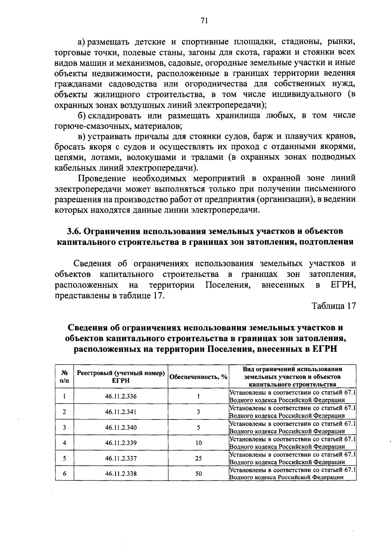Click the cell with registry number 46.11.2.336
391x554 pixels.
[x=121, y=396]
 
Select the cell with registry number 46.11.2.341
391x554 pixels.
[x=121, y=412]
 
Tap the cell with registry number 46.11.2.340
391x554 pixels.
[x=121, y=427]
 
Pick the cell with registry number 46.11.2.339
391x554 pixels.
[x=121, y=443]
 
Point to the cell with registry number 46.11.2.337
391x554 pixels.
[x=121, y=458]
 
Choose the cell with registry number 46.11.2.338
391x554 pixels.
[x=121, y=474]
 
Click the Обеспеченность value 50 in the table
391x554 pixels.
[x=198, y=474]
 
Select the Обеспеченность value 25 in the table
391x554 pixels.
[x=198, y=458]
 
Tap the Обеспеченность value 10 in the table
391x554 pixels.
[x=198, y=443]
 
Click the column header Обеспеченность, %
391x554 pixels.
[x=198, y=377]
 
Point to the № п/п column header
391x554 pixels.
[x=65, y=377]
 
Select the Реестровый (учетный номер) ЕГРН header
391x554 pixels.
[x=121, y=377]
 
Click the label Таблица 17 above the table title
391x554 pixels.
[x=333, y=306]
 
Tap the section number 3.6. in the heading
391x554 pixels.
[x=74, y=231]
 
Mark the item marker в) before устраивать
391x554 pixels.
[x=81, y=136]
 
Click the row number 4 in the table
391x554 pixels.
[x=65, y=443]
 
